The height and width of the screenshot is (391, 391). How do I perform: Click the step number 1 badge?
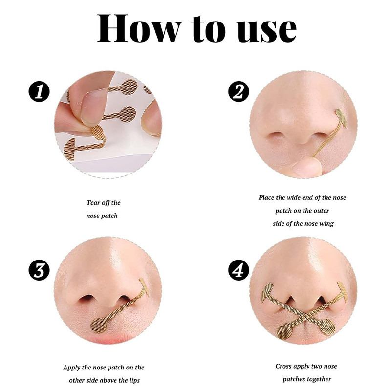click(39, 91)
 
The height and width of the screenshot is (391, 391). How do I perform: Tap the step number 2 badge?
click(239, 91)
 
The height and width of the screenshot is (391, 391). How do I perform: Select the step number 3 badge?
click(39, 270)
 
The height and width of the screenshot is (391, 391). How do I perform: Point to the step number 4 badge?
click(239, 270)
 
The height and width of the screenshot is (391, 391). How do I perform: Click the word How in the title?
click(139, 28)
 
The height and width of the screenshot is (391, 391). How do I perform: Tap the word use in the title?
click(267, 31)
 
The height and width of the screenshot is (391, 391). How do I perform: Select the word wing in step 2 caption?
click(326, 224)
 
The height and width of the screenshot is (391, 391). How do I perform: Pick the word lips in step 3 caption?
click(134, 380)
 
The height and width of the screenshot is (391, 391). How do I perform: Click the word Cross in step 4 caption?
click(283, 366)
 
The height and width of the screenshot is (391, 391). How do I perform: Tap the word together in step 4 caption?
click(319, 379)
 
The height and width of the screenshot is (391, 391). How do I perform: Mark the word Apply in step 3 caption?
click(71, 368)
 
